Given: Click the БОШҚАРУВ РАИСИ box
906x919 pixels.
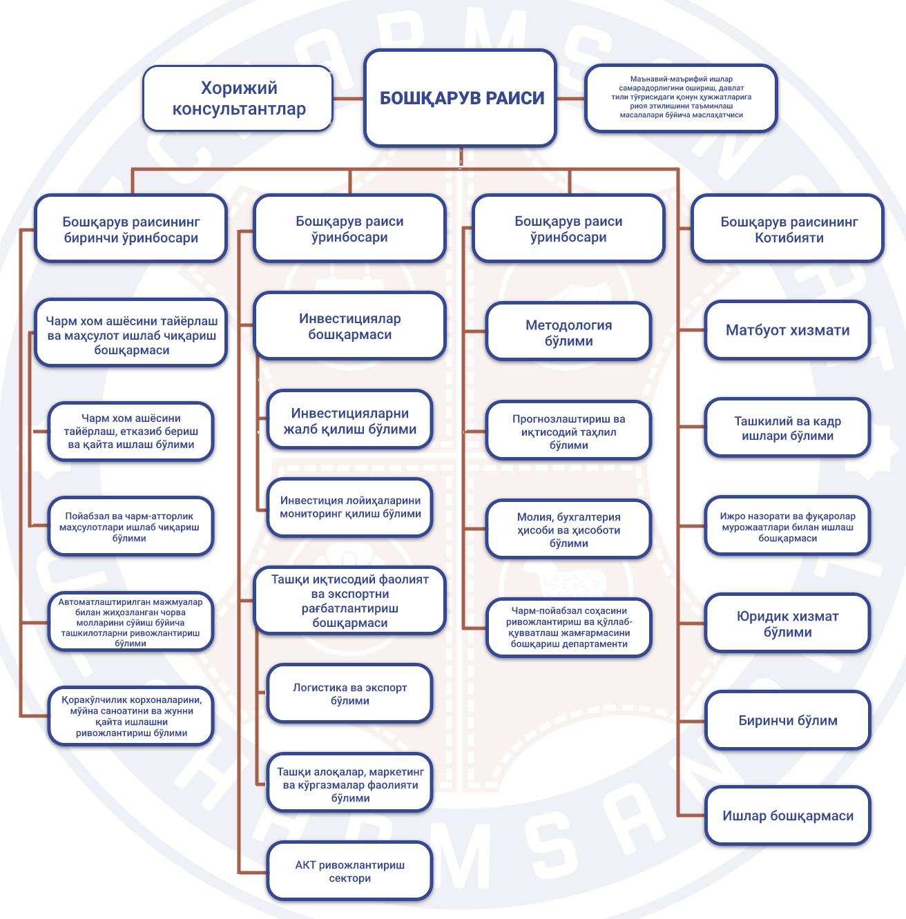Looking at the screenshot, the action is pos(461,98).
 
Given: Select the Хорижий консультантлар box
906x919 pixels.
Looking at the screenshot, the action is pos(238,98).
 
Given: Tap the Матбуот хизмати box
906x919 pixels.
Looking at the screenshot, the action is pos(788,330).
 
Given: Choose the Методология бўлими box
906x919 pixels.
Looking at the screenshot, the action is pos(569,332).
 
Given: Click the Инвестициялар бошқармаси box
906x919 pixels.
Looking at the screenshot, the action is pos(349,326).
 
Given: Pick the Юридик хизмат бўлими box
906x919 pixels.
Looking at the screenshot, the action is pos(788,623).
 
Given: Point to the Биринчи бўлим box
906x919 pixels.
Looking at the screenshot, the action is pos(788,720).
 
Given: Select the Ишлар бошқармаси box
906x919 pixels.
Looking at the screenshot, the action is pos(788,815).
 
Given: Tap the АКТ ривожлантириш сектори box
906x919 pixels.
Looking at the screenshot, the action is pos(349,871).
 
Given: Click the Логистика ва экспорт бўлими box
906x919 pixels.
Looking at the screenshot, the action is pos(349,693).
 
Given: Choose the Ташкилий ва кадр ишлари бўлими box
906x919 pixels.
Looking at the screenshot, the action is pos(788,428).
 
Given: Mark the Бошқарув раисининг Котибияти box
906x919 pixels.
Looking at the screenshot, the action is pos(788,229).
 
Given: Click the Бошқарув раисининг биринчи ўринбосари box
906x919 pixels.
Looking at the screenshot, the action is pos(131,229).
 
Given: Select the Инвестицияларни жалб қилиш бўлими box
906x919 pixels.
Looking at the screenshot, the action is pos(349,420).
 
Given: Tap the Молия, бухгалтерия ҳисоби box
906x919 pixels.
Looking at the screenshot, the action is pos(569,530).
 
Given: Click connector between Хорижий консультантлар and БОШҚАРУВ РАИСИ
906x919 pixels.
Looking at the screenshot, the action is pos(348,99).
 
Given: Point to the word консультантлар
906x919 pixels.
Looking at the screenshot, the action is pos(238,108).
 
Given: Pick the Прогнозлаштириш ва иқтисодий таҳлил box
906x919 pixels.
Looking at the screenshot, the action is pos(569,431).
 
